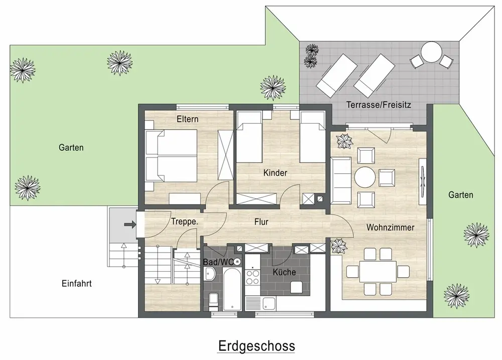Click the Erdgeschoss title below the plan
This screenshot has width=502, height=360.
tap(257, 346)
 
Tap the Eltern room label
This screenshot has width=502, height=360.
tap(188, 119)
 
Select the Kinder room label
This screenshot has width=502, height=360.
tap(275, 173)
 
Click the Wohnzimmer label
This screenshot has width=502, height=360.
tap(390, 227)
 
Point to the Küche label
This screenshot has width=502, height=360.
tap(284, 272)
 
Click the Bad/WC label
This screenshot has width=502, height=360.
tap(218, 262)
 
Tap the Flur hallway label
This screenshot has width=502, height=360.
tap(261, 221)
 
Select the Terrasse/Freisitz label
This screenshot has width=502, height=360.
tap(379, 105)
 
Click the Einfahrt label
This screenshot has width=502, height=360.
tap(76, 284)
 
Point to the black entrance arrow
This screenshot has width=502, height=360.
tap(130, 224)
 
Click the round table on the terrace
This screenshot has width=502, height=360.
tap(431, 52)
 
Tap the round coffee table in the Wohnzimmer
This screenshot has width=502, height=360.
tap(365, 177)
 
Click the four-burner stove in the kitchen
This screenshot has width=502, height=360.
tap(253, 277)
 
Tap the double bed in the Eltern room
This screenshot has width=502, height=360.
tap(171, 156)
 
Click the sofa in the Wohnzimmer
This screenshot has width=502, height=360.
tap(341, 181)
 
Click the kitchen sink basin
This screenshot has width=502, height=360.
tap(269, 303)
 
